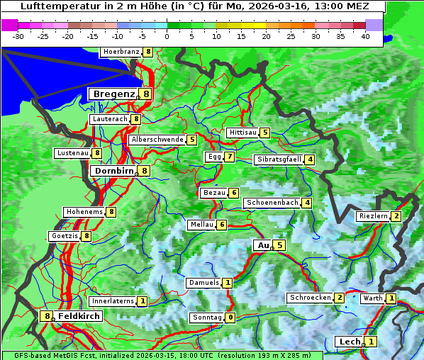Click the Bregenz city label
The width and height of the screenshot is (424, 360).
[113, 94]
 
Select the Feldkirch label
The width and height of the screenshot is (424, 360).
[79, 316]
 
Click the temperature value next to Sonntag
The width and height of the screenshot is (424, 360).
[230, 317]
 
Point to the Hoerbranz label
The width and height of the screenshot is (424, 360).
[120, 52]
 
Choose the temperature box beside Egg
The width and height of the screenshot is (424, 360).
[229, 157]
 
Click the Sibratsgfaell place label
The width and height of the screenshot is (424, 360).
[279, 159]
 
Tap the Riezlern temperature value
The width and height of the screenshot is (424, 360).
[396, 216]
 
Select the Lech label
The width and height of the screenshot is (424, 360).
[350, 342]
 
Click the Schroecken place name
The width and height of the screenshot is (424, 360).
[310, 298]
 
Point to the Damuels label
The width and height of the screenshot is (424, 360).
[203, 283]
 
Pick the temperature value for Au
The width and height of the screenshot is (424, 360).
[280, 245]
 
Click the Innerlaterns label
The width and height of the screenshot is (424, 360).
[113, 301]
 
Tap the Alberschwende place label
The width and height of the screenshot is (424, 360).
[157, 140]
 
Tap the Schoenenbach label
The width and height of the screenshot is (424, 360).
[272, 203]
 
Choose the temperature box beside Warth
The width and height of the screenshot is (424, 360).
[391, 298]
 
